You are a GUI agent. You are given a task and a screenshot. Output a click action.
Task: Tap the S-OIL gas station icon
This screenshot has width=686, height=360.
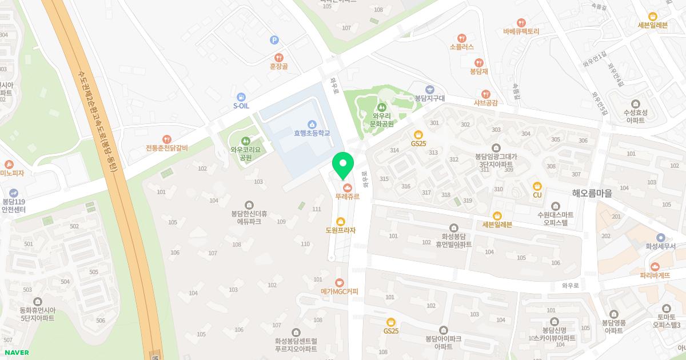click(x=241, y=97)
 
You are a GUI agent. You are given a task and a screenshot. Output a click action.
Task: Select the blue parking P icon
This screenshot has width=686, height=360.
click(x=274, y=40)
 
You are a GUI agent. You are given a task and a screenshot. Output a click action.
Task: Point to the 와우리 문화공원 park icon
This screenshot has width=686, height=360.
click(x=382, y=106)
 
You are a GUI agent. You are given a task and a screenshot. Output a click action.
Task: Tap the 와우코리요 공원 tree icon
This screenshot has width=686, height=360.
click(x=246, y=141)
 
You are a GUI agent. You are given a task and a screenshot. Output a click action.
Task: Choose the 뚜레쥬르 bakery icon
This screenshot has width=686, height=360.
click(x=346, y=187)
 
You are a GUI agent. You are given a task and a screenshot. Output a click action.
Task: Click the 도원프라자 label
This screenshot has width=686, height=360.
click(x=341, y=230)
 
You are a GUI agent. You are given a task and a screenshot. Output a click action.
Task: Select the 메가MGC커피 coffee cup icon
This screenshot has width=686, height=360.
click(x=340, y=283)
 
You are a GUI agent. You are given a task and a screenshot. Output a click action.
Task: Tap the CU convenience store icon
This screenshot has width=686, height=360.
click(x=537, y=186)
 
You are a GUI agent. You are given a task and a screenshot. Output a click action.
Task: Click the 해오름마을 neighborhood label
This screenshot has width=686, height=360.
click(x=592, y=194)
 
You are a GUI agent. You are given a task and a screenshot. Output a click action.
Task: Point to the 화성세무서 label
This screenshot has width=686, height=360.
click(x=660, y=246)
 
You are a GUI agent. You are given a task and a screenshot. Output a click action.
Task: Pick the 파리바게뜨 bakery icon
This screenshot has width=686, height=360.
click(x=655, y=266)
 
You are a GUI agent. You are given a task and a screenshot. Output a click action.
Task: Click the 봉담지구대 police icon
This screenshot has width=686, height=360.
click(x=429, y=90)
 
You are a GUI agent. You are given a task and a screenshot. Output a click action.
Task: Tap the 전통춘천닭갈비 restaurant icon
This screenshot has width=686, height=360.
click(x=166, y=139)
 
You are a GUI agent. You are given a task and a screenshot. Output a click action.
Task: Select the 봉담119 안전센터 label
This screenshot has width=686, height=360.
click(x=14, y=205)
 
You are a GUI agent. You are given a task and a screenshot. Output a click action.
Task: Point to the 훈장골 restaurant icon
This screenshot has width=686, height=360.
click(x=278, y=57)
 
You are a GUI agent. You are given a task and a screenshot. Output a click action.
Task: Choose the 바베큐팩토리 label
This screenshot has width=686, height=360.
click(x=521, y=31)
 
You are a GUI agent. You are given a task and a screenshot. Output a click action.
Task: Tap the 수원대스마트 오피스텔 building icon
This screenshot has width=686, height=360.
click(x=556, y=206)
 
